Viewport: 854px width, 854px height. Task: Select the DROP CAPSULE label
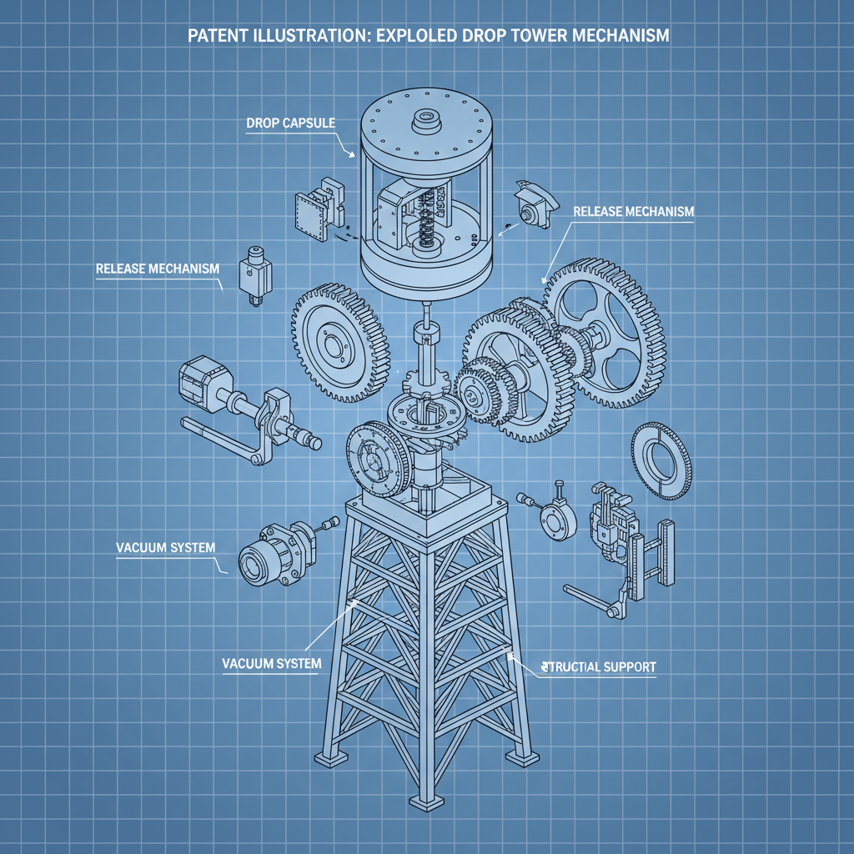[x=291, y=123]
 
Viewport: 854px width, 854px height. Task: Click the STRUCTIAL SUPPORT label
[x=599, y=667]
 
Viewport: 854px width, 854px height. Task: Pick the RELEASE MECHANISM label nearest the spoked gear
[x=634, y=212]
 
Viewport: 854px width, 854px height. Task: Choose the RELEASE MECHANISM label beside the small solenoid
[x=158, y=269]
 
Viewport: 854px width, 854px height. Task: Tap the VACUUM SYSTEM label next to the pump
[x=164, y=548]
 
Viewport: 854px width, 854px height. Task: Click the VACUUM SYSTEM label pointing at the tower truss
[x=272, y=663]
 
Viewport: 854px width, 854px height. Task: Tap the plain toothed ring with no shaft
[x=662, y=460]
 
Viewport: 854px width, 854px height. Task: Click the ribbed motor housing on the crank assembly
[x=198, y=387]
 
